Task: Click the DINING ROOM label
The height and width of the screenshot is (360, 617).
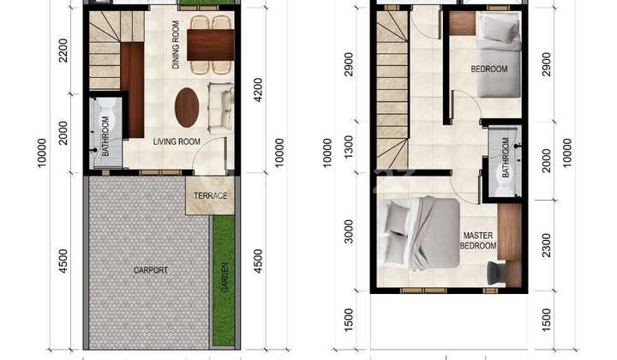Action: [x=176, y=45]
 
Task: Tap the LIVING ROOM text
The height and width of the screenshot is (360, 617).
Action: [x=177, y=141]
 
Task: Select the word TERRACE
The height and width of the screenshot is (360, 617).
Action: [x=210, y=195]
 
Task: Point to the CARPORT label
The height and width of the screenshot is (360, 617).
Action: [x=151, y=270]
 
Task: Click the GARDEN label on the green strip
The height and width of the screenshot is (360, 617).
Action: [x=225, y=278]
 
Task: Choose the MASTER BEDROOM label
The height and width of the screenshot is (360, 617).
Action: [x=478, y=240]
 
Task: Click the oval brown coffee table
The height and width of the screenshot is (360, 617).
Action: [x=187, y=107]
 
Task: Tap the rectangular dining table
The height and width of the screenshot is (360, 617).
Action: [x=211, y=45]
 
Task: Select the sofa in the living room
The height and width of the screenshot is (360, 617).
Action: [x=220, y=106]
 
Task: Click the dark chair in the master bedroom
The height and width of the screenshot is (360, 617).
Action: [x=496, y=273]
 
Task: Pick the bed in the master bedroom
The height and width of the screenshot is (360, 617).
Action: [x=419, y=235]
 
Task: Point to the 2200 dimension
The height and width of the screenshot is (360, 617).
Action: [x=63, y=51]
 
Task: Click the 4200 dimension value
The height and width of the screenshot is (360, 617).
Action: [x=258, y=90]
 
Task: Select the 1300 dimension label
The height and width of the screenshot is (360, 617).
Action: [x=349, y=147]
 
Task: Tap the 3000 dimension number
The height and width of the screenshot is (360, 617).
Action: [x=349, y=231]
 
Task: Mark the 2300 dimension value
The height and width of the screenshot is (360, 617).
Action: [x=546, y=245]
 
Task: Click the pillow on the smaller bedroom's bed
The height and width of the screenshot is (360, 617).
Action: [x=498, y=28]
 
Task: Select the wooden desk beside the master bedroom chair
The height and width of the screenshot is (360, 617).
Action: [x=511, y=245]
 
